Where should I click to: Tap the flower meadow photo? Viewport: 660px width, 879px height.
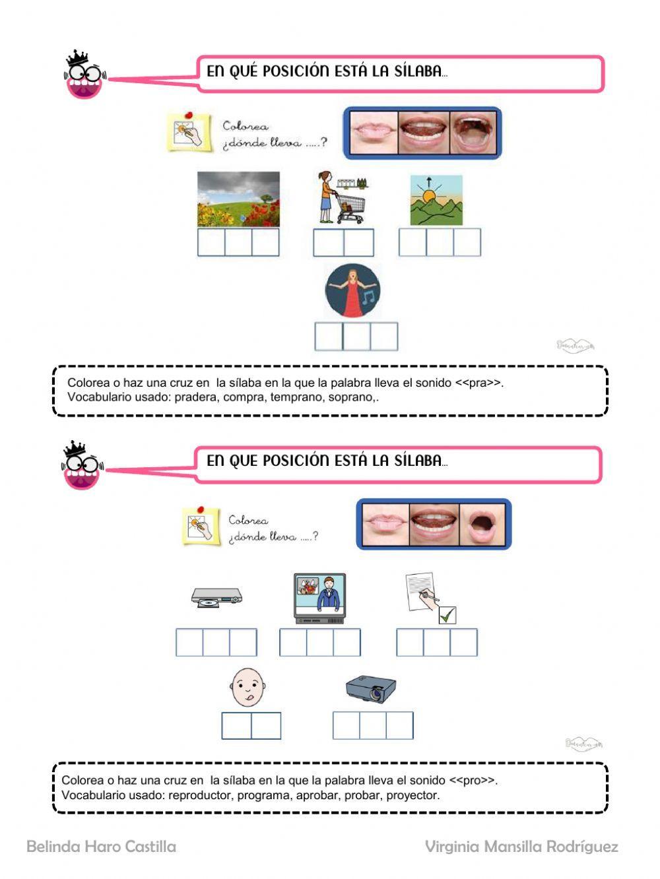pyautogui.click(x=238, y=199)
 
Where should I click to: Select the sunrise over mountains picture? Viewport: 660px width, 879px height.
pyautogui.click(x=436, y=200)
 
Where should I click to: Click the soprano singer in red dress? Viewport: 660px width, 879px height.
pyautogui.click(x=352, y=291)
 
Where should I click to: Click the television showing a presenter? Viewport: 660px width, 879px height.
pyautogui.click(x=320, y=598)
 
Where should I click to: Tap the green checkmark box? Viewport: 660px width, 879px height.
pyautogui.click(x=448, y=615)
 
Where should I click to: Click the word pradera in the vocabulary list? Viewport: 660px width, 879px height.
pyautogui.click(x=197, y=397)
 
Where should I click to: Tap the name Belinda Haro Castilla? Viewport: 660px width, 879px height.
pyautogui.click(x=101, y=847)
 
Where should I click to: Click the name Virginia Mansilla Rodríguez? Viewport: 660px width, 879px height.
pyautogui.click(x=521, y=847)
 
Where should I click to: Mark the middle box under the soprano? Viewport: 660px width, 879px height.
pyautogui.click(x=356, y=337)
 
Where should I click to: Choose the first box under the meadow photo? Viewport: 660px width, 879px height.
pyautogui.click(x=211, y=242)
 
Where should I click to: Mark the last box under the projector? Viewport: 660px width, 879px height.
pyautogui.click(x=400, y=726)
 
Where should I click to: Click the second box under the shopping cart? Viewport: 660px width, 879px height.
pyautogui.click(x=359, y=243)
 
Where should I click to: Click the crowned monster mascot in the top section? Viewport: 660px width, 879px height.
pyautogui.click(x=84, y=75)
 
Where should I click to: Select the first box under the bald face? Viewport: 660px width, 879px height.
pyautogui.click(x=236, y=726)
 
